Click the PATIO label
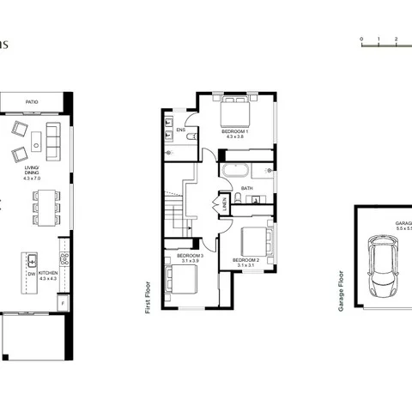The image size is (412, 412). [x=33, y=101]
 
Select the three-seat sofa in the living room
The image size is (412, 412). [x=52, y=136]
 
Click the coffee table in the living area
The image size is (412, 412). [x=38, y=139]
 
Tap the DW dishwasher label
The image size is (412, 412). [x=30, y=274]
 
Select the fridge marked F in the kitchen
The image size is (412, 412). [x=63, y=302]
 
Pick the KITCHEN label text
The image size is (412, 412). [x=49, y=274]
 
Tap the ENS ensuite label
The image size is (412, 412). [x=181, y=130]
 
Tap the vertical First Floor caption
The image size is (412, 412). [x=148, y=294]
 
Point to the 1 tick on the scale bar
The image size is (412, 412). [x=379, y=39]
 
